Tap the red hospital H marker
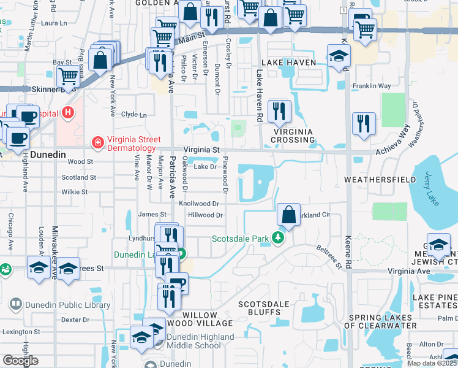(69, 113)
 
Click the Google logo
(20, 360)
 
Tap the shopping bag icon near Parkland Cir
(288, 215)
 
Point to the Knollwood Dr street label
(199, 204)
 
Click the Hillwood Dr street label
(205, 215)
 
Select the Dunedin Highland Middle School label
(197, 341)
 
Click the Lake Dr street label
(205, 166)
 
